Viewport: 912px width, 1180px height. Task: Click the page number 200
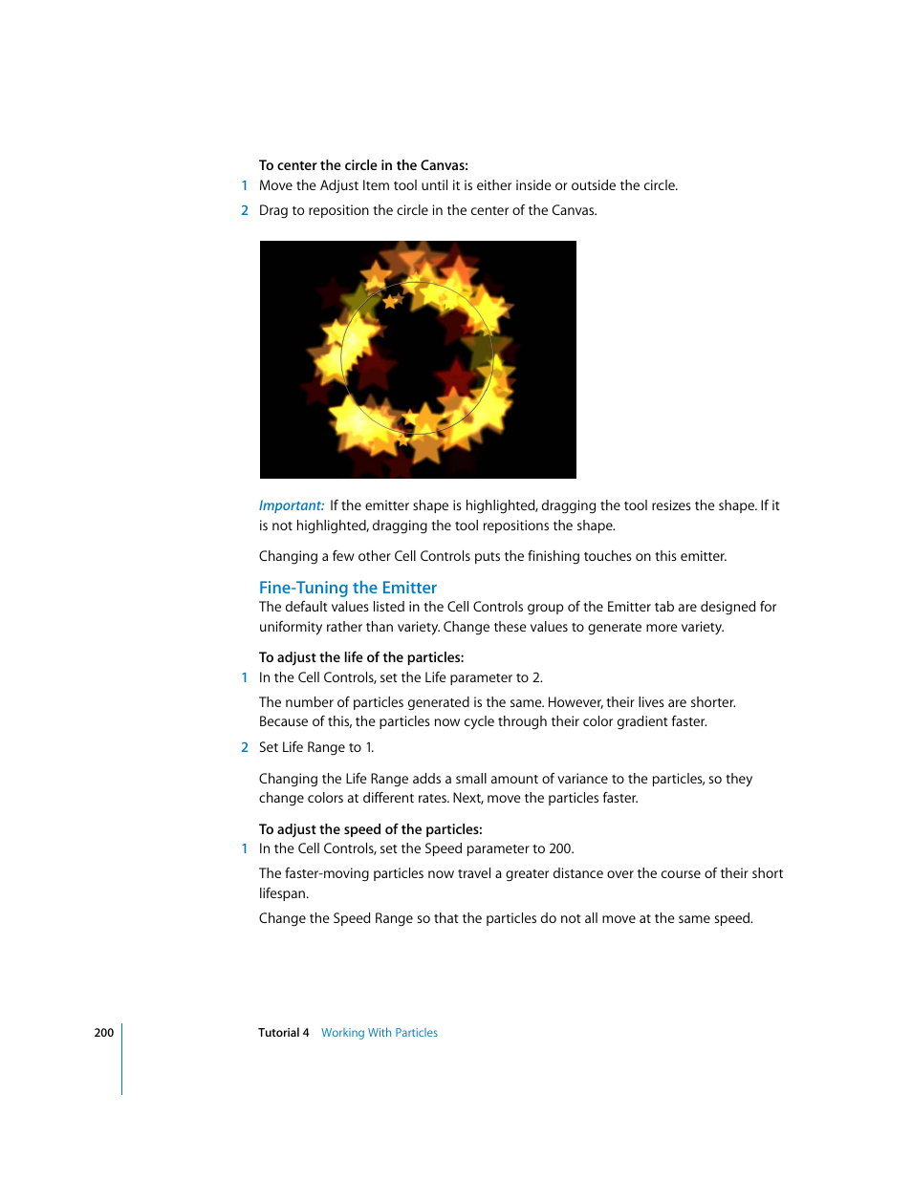103,1033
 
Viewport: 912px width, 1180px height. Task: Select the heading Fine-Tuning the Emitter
347,588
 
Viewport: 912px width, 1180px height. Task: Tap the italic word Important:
291,505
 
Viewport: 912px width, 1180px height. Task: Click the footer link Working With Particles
379,1033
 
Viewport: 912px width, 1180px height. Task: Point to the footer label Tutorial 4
283,1033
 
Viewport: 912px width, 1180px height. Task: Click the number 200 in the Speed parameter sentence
560,848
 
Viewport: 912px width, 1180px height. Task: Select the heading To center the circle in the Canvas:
363,165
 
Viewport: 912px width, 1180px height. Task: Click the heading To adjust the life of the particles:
361,657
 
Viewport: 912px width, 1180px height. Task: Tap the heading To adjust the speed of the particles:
370,829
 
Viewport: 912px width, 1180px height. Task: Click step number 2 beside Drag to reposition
245,210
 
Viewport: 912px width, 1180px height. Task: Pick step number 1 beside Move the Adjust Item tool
245,185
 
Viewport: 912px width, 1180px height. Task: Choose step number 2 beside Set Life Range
245,747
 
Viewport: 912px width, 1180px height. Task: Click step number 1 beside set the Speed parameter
245,848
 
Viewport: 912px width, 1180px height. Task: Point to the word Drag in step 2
273,210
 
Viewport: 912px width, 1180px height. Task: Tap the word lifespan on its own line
282,893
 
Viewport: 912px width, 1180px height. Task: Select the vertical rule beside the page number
122,1059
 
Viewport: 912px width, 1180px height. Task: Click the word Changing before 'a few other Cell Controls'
288,556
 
